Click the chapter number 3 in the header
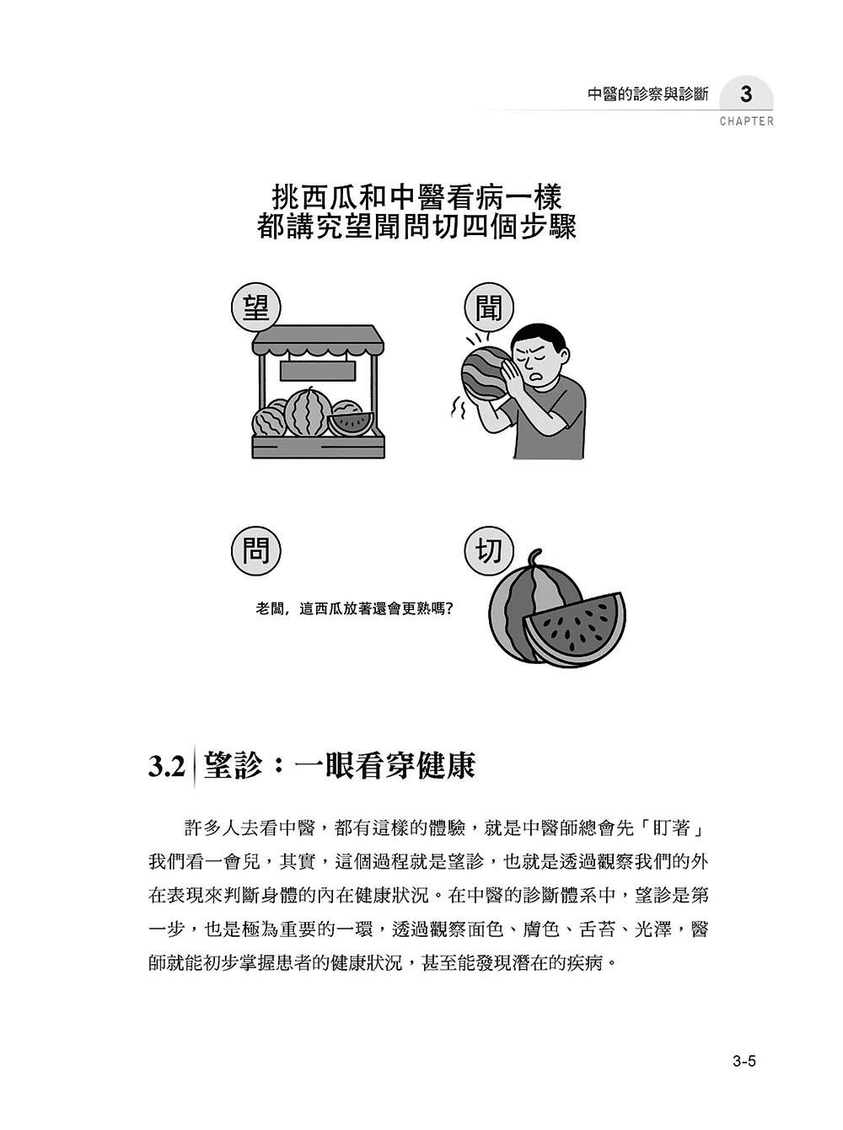click(745, 94)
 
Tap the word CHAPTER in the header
click(746, 121)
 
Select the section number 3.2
click(166, 766)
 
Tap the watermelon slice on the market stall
click(349, 421)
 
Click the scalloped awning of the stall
click(318, 340)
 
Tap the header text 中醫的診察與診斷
click(647, 94)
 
